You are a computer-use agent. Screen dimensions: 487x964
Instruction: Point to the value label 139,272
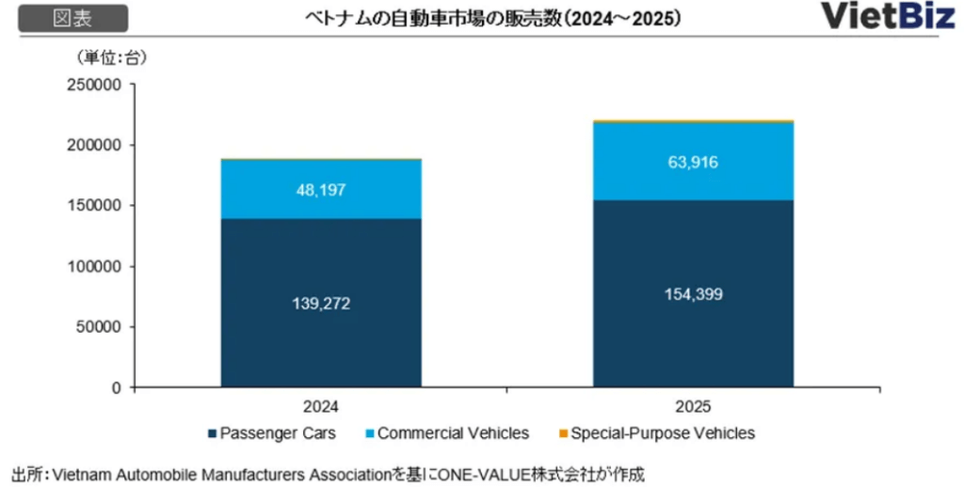321,304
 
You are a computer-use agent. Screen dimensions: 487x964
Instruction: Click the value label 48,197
321,190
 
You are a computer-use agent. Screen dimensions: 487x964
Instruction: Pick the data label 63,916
693,162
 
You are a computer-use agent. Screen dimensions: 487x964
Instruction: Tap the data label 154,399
693,294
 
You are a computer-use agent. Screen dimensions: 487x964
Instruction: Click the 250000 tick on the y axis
95,85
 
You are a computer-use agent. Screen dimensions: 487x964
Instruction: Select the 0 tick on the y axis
118,387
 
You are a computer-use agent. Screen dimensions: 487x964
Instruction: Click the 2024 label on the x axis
321,407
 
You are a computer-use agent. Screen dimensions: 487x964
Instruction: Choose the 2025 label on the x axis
693,407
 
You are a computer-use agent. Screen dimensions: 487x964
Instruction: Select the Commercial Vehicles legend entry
453,433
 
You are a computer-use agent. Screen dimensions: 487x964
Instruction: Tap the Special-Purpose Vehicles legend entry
659,433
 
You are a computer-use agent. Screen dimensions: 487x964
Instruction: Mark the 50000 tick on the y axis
99,327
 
